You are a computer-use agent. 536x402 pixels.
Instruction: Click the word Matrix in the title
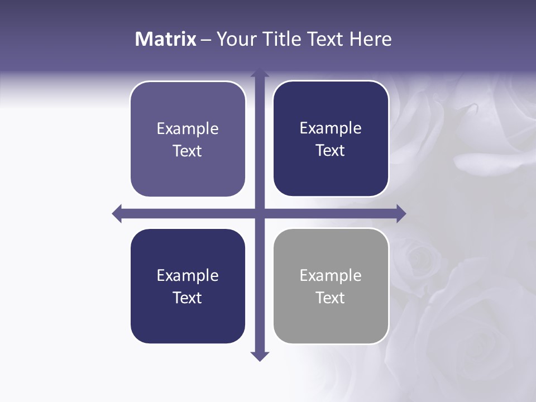point(166,39)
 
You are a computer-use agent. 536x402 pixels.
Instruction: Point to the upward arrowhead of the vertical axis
point(260,73)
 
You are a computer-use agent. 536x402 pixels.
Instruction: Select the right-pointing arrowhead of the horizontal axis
point(401,213)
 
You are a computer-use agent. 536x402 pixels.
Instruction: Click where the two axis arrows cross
point(260,213)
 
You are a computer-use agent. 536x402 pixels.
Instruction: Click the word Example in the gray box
point(331,275)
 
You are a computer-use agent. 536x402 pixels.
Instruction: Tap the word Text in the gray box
point(331,298)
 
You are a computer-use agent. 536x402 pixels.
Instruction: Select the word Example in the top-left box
point(188,128)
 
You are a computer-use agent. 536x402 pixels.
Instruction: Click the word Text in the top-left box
point(188,151)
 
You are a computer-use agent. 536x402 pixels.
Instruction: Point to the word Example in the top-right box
point(331,128)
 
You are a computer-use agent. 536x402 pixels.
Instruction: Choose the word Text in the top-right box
point(331,150)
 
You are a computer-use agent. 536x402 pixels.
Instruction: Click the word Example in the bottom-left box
point(188,275)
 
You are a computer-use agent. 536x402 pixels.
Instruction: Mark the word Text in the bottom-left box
point(188,298)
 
